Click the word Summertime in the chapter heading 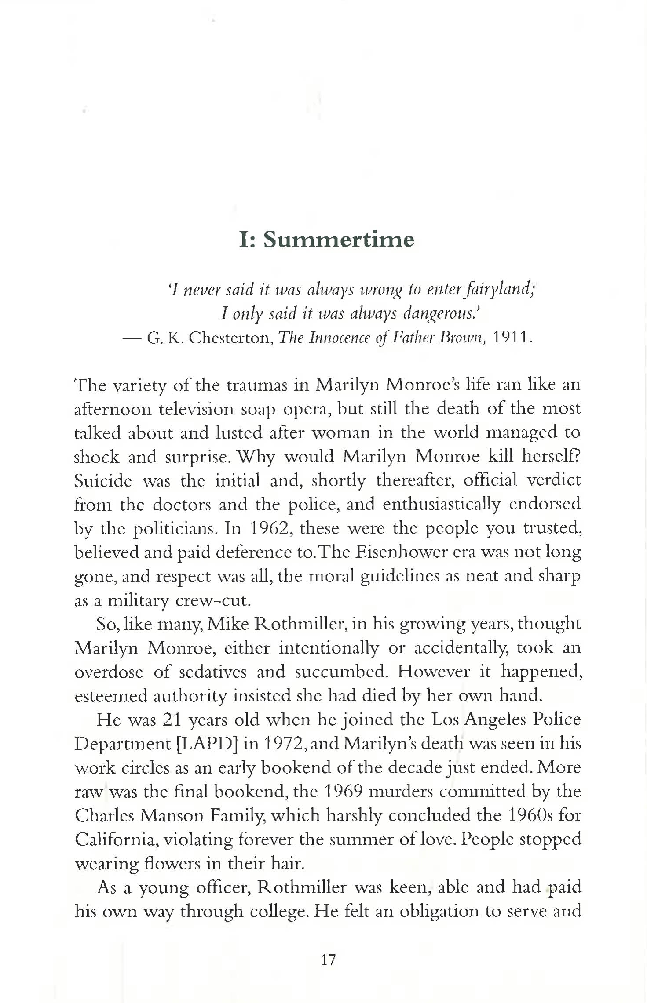pyautogui.click(x=339, y=240)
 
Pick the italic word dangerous pyautogui.click(x=441, y=313)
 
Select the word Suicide pyautogui.click(x=103, y=480)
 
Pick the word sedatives pyautogui.click(x=209, y=672)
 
